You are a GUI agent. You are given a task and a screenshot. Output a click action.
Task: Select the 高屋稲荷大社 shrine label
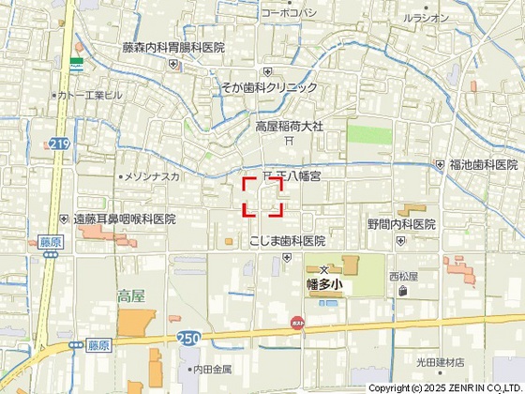[290, 125]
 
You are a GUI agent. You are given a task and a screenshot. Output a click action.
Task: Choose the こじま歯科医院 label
[287, 241]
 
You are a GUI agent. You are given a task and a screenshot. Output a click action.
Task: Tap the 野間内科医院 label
[401, 224]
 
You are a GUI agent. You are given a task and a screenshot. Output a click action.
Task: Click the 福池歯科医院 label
[483, 164]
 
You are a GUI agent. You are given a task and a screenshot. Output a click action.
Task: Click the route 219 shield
[59, 143]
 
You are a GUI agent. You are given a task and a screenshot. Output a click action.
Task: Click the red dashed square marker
[263, 197]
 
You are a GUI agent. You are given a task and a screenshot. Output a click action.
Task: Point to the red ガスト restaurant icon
[298, 322]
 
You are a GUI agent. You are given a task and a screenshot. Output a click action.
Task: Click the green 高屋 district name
[131, 295]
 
